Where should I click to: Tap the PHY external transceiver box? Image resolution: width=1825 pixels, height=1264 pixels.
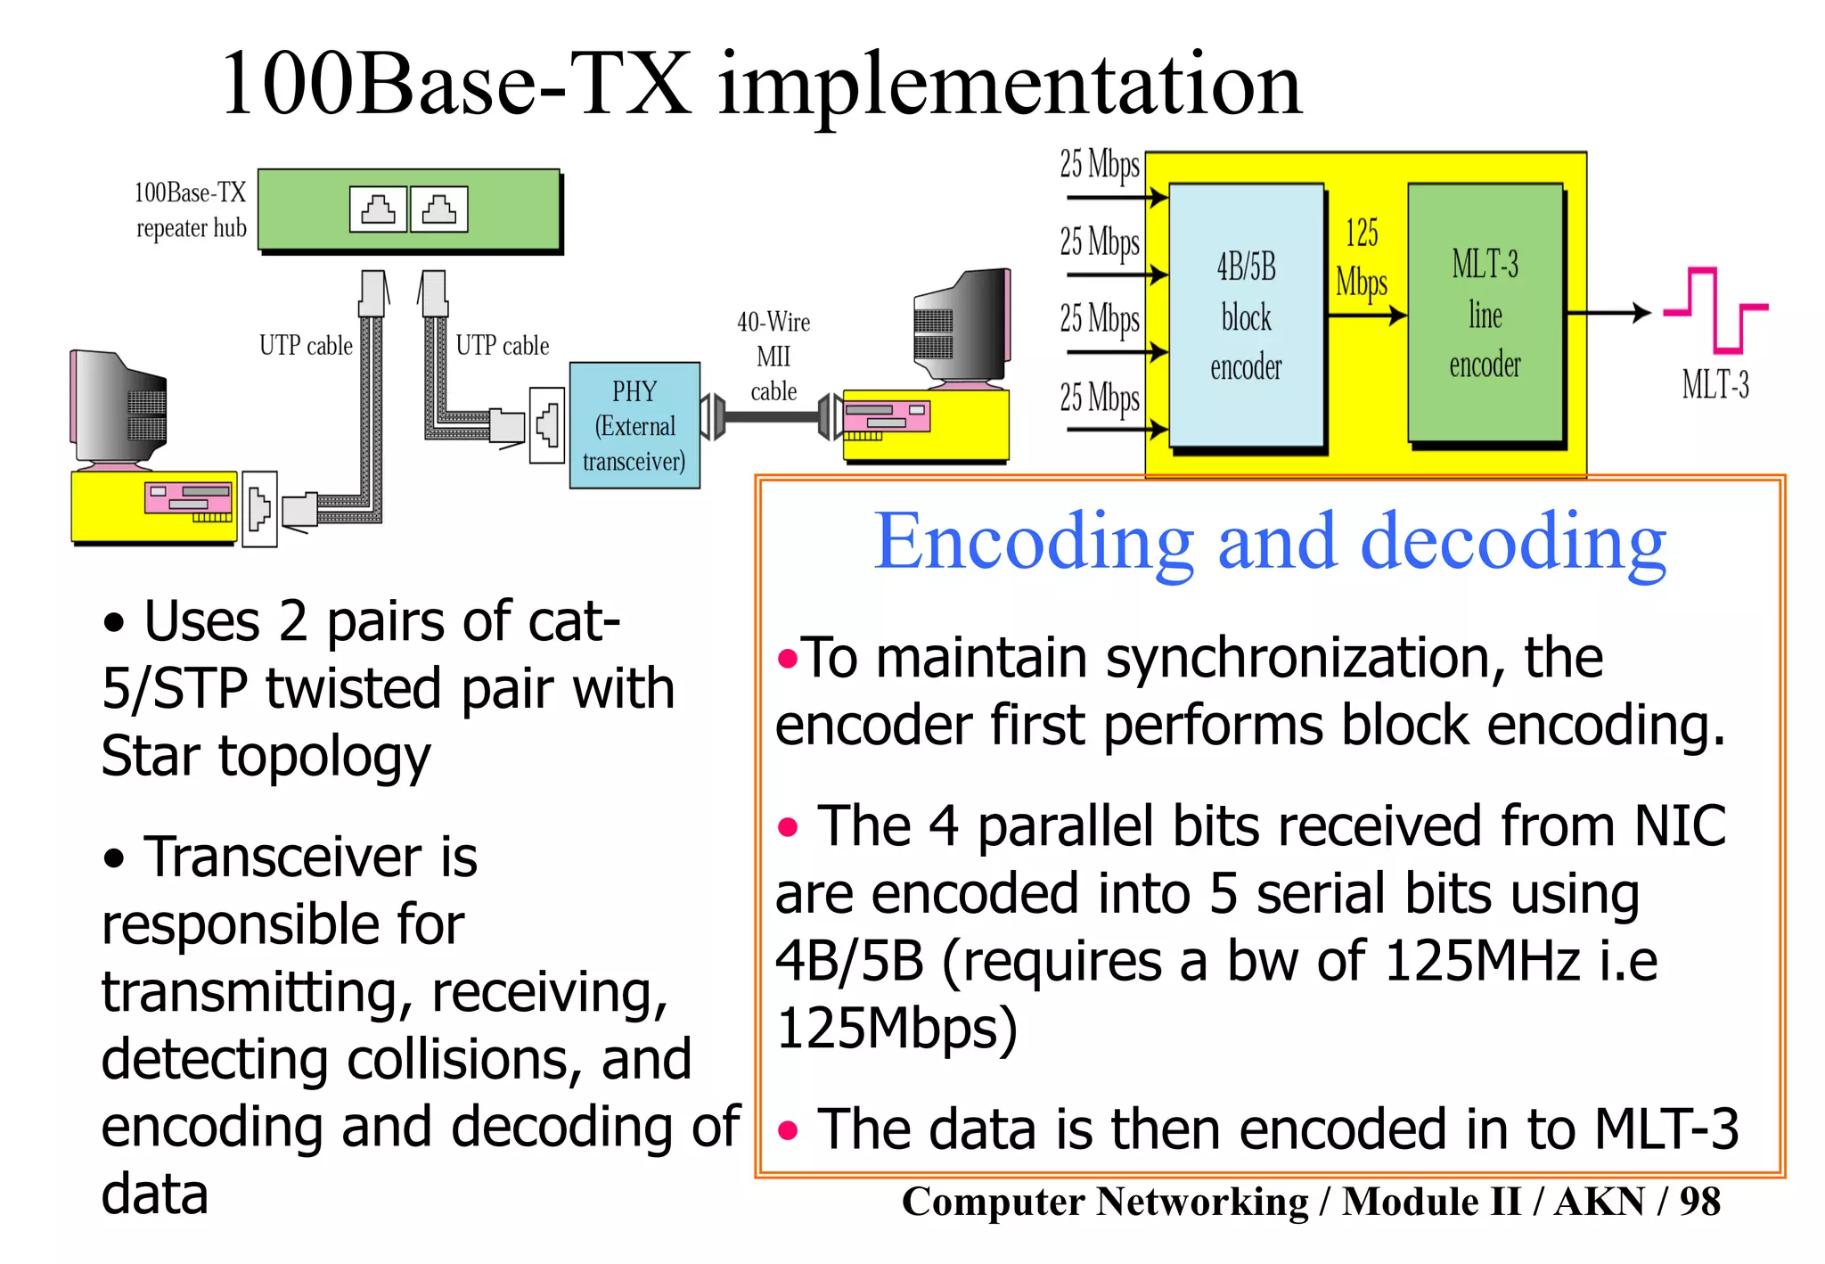[x=634, y=425]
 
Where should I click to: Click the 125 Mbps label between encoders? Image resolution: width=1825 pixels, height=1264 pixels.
[x=1362, y=259]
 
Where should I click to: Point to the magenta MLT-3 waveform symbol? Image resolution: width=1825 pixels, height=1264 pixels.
[x=1715, y=310]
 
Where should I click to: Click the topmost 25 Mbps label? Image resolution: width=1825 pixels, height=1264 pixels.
[x=1100, y=165]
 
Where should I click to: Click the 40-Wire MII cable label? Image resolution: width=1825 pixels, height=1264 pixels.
[x=773, y=357]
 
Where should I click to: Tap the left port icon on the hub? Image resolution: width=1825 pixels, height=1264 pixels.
[x=379, y=209]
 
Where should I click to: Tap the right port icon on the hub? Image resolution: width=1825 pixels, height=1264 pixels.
[x=438, y=209]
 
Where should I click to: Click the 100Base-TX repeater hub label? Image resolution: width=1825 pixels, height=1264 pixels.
[x=190, y=210]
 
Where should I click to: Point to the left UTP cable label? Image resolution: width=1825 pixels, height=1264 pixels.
[x=306, y=346]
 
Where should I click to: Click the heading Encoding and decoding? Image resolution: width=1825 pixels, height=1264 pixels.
[x=1270, y=542]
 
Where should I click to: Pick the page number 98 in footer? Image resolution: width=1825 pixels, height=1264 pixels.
[x=1699, y=1202]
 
